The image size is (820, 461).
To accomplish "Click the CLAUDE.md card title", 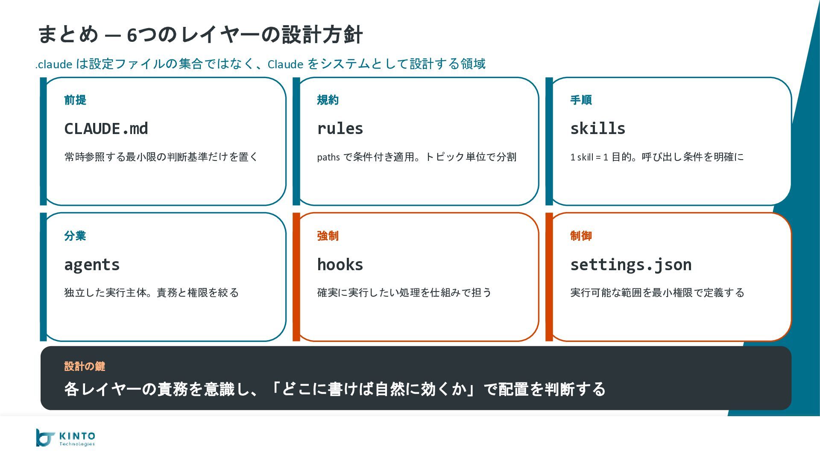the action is [x=106, y=128].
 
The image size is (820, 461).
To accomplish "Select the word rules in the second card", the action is [x=340, y=128].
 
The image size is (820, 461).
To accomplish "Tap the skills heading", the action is [x=597, y=128].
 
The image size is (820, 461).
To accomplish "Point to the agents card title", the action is [x=92, y=265].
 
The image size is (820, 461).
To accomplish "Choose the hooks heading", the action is [x=340, y=265].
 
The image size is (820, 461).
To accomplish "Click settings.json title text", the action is [x=631, y=265].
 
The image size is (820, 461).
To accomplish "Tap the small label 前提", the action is [x=75, y=100].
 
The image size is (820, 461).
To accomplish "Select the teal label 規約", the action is [x=328, y=100].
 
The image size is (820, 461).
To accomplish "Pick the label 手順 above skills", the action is [x=581, y=100].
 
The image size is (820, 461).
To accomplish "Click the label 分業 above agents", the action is [x=75, y=236].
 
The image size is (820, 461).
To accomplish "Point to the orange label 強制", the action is [x=328, y=236].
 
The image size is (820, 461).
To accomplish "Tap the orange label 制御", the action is [x=581, y=236].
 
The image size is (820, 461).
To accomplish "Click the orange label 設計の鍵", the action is [x=85, y=366].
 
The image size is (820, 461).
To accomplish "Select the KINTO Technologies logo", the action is [x=66, y=438].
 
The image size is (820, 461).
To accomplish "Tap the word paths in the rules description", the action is [x=328, y=157].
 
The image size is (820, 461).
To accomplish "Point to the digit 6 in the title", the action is [x=132, y=35].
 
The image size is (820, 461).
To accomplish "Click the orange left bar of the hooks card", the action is [x=296, y=277].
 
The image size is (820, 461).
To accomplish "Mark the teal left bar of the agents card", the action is [x=43, y=277].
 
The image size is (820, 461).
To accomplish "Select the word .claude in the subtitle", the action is [x=54, y=64].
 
